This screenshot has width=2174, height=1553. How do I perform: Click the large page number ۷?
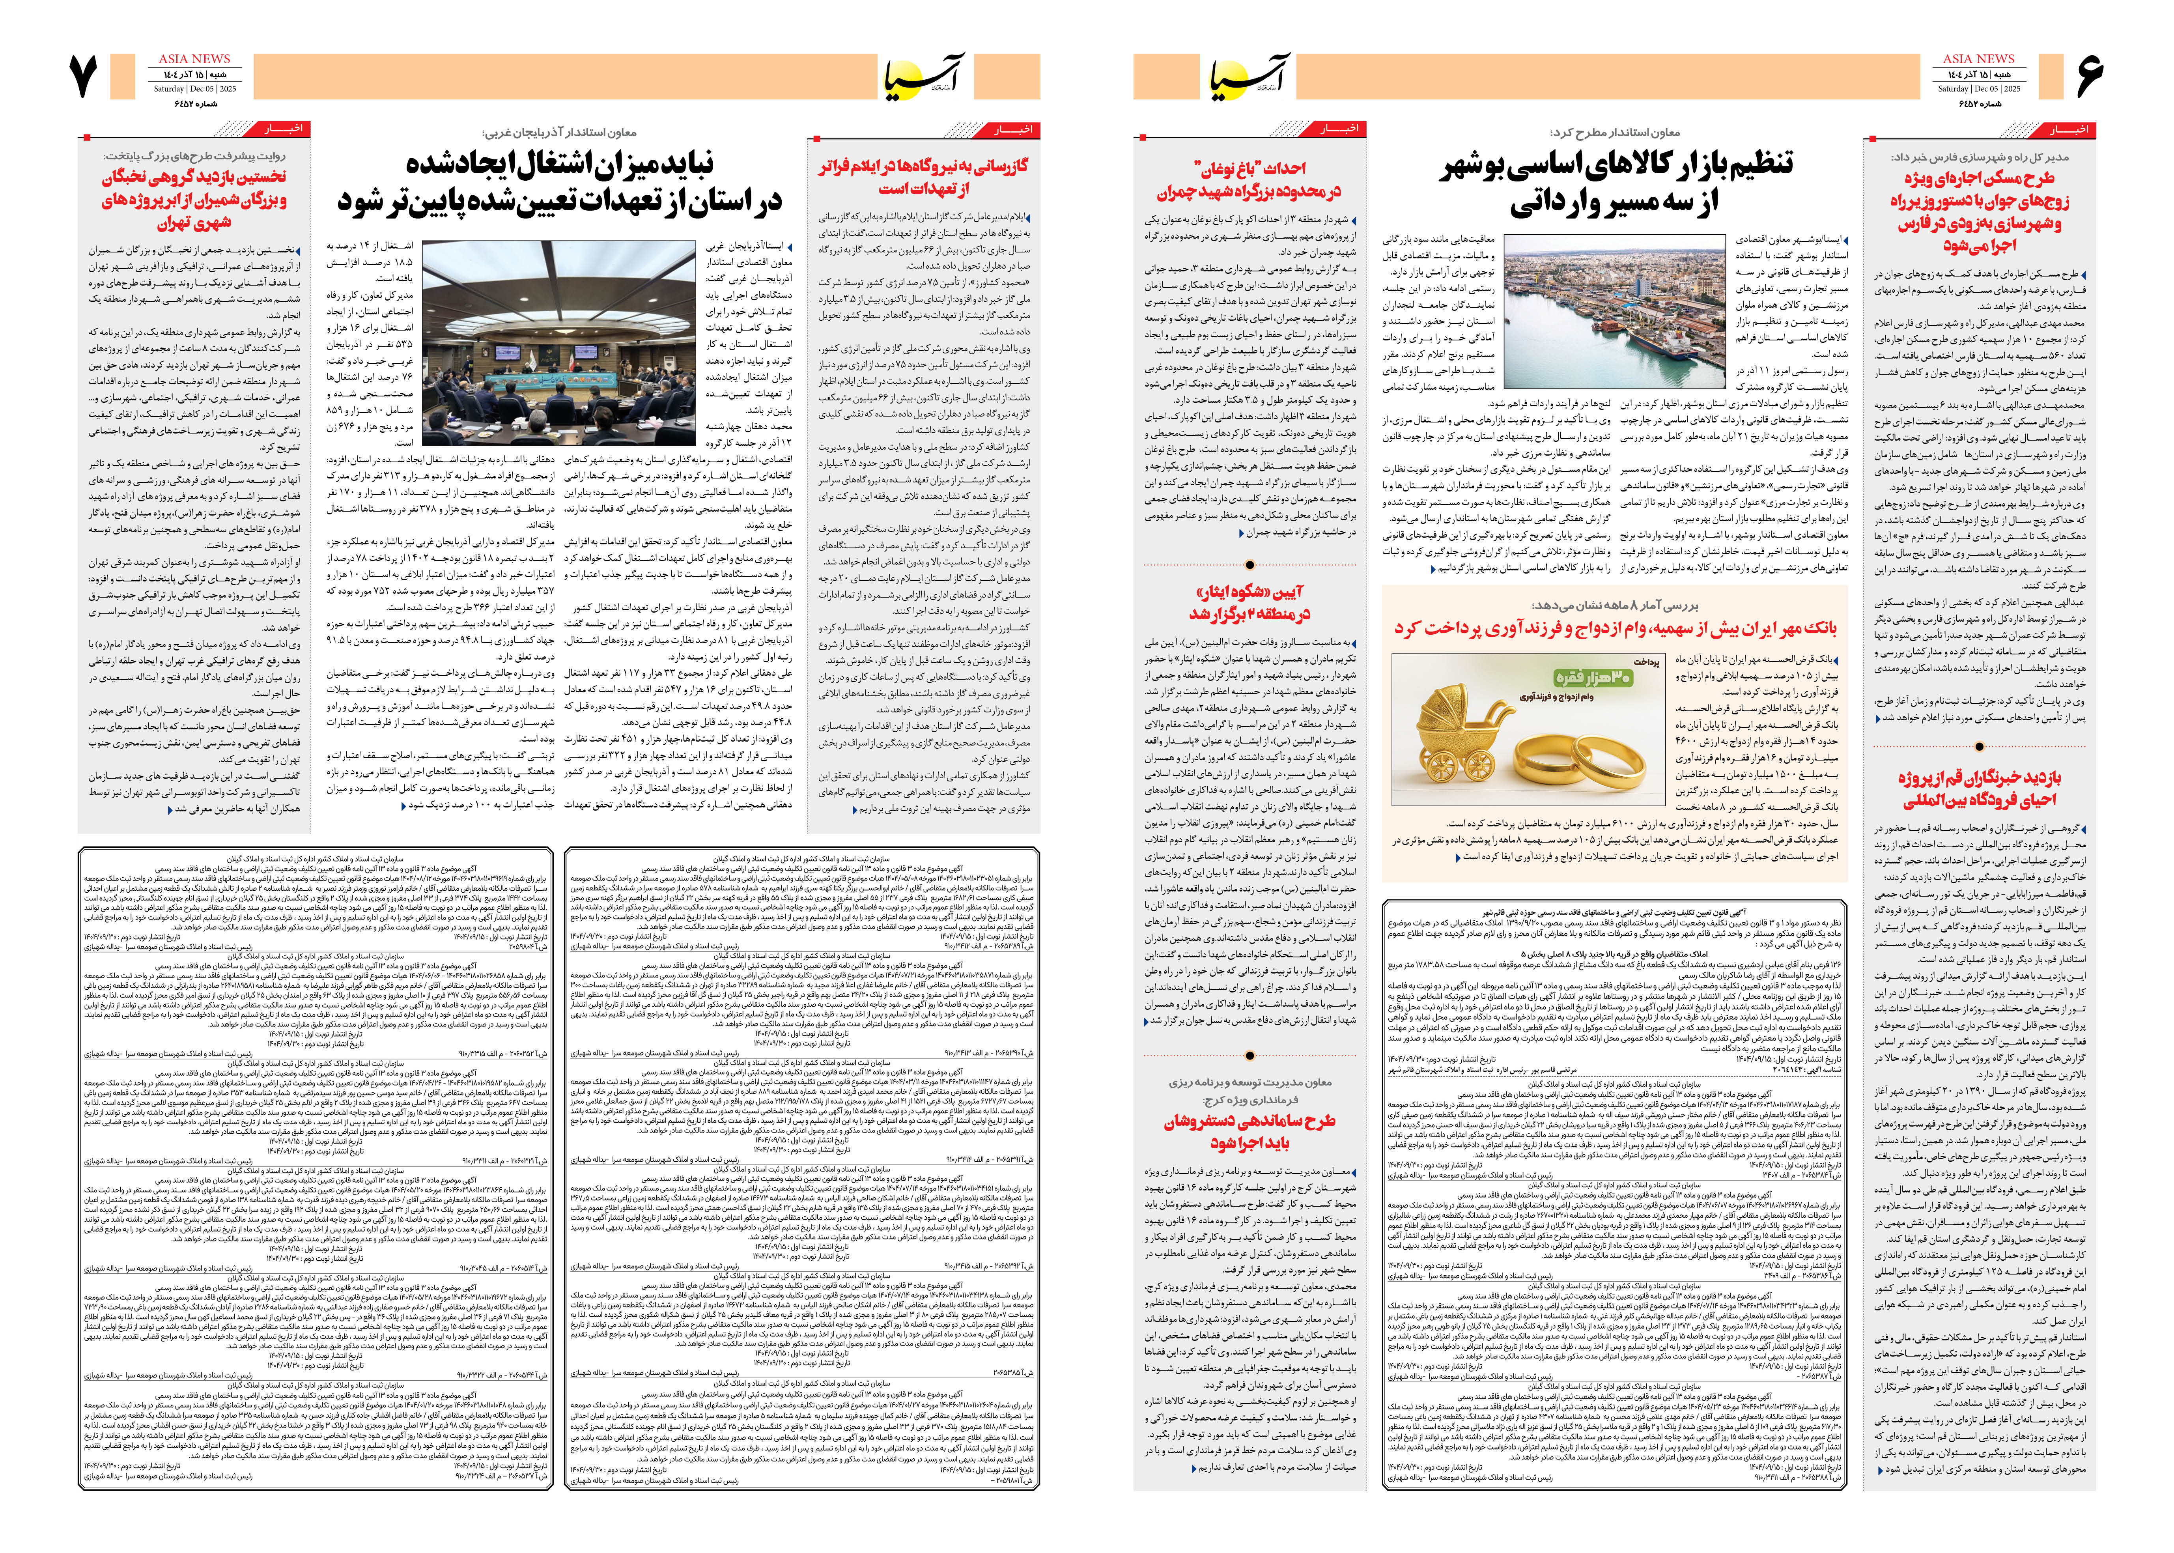click(84, 77)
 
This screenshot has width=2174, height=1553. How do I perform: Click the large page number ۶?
click(2089, 77)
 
